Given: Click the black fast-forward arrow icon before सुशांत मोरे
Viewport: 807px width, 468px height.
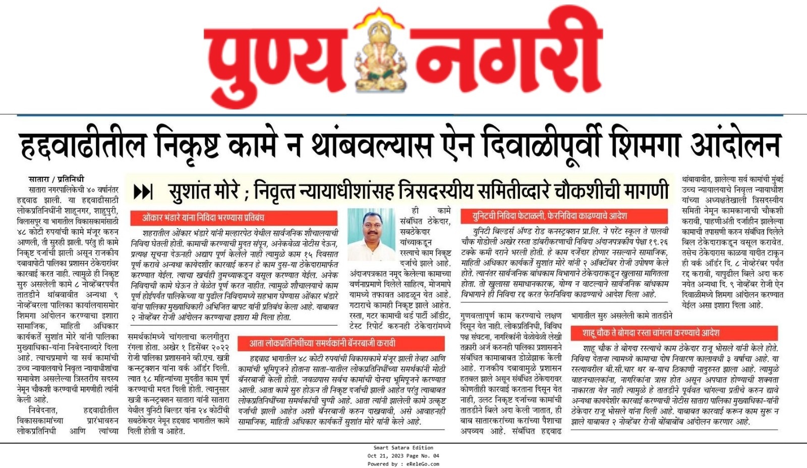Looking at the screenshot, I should pyautogui.click(x=143, y=192).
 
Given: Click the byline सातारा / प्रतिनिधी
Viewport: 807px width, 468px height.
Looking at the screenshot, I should pyautogui.click(x=56, y=179).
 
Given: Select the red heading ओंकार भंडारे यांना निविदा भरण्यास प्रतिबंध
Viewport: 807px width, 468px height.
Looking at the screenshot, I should pyautogui.click(x=203, y=218).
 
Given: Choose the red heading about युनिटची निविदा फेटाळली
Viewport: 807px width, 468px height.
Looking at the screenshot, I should pyautogui.click(x=549, y=216).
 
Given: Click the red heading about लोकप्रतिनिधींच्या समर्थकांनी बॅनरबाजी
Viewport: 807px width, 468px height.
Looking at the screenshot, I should pyautogui.click(x=323, y=343).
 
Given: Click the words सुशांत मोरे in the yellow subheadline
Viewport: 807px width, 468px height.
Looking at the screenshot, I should pyautogui.click(x=204, y=192).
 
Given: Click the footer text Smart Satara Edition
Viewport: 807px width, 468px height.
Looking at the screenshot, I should pyautogui.click(x=403, y=447).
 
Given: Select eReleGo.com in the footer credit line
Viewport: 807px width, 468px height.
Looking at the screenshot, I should pyautogui.click(x=423, y=464).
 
